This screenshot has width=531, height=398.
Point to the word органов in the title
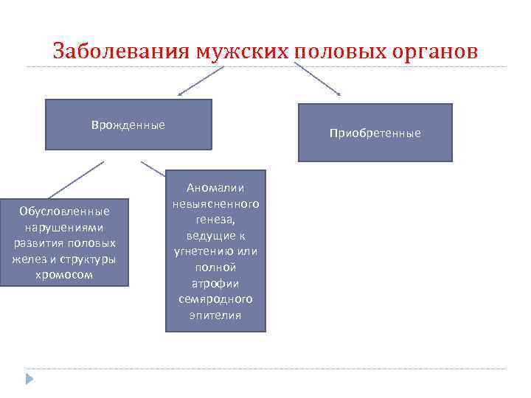tap(436, 52)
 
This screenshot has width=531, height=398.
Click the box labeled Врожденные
tap(128, 125)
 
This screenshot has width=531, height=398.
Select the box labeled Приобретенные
tap(375, 133)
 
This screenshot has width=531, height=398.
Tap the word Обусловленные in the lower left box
tap(65, 212)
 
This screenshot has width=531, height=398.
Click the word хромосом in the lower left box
tap(65, 275)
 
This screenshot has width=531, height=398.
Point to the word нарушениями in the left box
tap(65, 227)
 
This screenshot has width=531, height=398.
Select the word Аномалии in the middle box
tap(215, 188)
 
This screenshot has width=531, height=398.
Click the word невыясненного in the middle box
tap(215, 203)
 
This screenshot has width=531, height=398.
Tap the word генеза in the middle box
tap(215, 220)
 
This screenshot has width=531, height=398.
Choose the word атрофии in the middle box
tap(215, 283)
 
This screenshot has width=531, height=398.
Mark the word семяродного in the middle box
tap(215, 299)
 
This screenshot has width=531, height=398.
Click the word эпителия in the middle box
tap(215, 315)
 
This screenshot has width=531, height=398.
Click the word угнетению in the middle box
tap(206, 251)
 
